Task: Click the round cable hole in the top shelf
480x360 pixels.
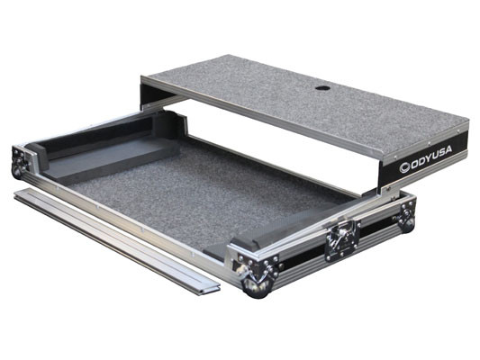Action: [322, 88]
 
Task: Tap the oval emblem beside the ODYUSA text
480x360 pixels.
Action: [404, 167]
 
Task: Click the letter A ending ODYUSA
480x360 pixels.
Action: [448, 150]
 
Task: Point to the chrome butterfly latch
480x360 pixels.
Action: [342, 240]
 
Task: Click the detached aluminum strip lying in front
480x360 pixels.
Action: [116, 241]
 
